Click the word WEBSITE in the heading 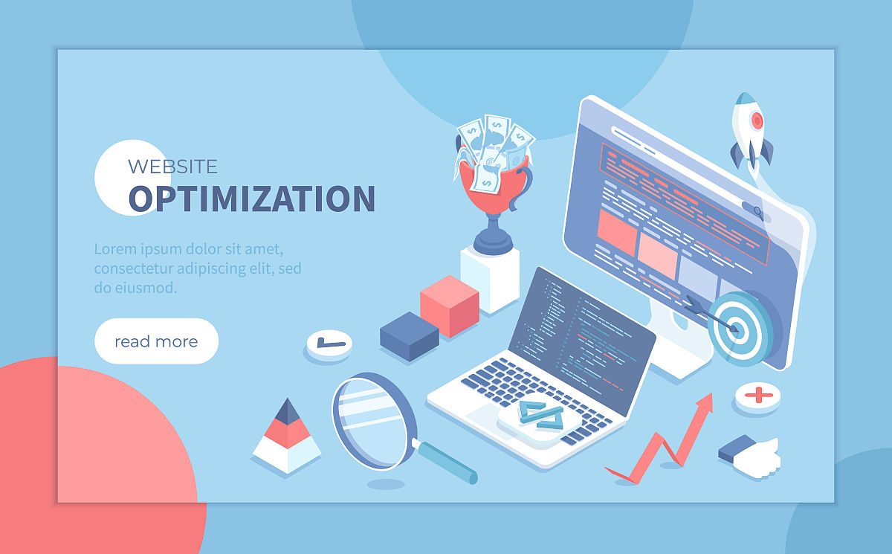pyautogui.click(x=172, y=167)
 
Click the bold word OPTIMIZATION pyautogui.click(x=252, y=199)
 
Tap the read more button pyautogui.click(x=157, y=341)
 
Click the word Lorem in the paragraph pyautogui.click(x=115, y=249)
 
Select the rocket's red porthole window pyautogui.click(x=757, y=120)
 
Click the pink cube pyautogui.click(x=450, y=306)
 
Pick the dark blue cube pyautogui.click(x=409, y=336)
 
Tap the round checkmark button pyautogui.click(x=329, y=345)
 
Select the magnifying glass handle pyautogui.click(x=445, y=462)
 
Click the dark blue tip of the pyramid pyautogui.click(x=287, y=412)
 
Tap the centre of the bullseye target pyautogui.click(x=738, y=329)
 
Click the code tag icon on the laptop pyautogui.click(x=541, y=416)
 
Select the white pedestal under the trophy pyautogui.click(x=490, y=279)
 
